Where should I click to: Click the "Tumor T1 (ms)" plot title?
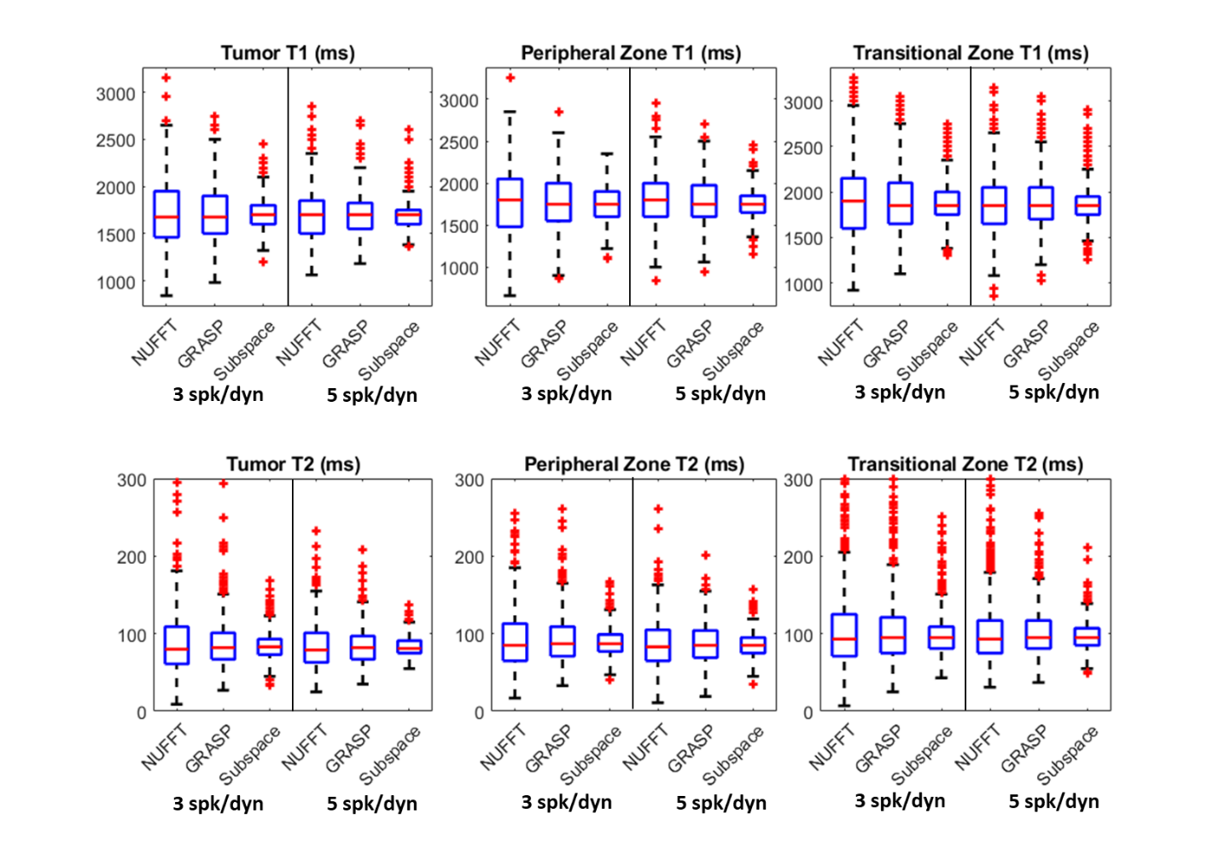288,53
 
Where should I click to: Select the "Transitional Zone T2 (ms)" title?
965,464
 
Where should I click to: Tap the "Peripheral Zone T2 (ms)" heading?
633,464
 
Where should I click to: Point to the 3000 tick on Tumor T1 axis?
115,94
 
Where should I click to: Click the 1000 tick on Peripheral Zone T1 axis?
459,268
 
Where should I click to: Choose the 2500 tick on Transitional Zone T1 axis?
802,148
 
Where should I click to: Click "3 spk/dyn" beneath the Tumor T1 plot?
218,394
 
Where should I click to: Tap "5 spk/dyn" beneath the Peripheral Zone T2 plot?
721,803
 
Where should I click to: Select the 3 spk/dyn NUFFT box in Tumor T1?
166,214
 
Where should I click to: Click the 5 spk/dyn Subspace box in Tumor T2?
409,647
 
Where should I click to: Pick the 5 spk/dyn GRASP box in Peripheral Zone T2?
705,643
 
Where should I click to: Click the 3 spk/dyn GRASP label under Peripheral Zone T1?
543,344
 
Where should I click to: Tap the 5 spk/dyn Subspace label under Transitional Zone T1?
1068,350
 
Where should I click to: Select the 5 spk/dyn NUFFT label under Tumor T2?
304,746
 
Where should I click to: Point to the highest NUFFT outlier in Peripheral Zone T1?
510,78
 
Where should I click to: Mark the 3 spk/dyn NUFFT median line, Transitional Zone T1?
853,201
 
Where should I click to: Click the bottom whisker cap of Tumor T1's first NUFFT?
166,295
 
